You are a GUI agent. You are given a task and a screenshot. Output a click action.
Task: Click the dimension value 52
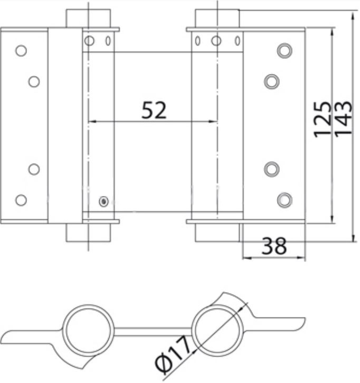[154, 110]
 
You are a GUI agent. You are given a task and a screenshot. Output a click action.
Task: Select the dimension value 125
[323, 120]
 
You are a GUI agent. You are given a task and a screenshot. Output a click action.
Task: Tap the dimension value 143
[343, 118]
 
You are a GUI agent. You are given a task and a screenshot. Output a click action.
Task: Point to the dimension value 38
[274, 246]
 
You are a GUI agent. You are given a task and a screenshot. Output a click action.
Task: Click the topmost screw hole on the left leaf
[21, 51]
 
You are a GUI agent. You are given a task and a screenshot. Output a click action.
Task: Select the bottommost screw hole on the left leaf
[21, 200]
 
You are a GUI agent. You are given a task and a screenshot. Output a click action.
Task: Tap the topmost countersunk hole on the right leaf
[285, 51]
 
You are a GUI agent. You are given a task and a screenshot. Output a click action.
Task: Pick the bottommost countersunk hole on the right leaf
[285, 200]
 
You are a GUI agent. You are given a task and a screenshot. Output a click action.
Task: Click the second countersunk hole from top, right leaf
[272, 81]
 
